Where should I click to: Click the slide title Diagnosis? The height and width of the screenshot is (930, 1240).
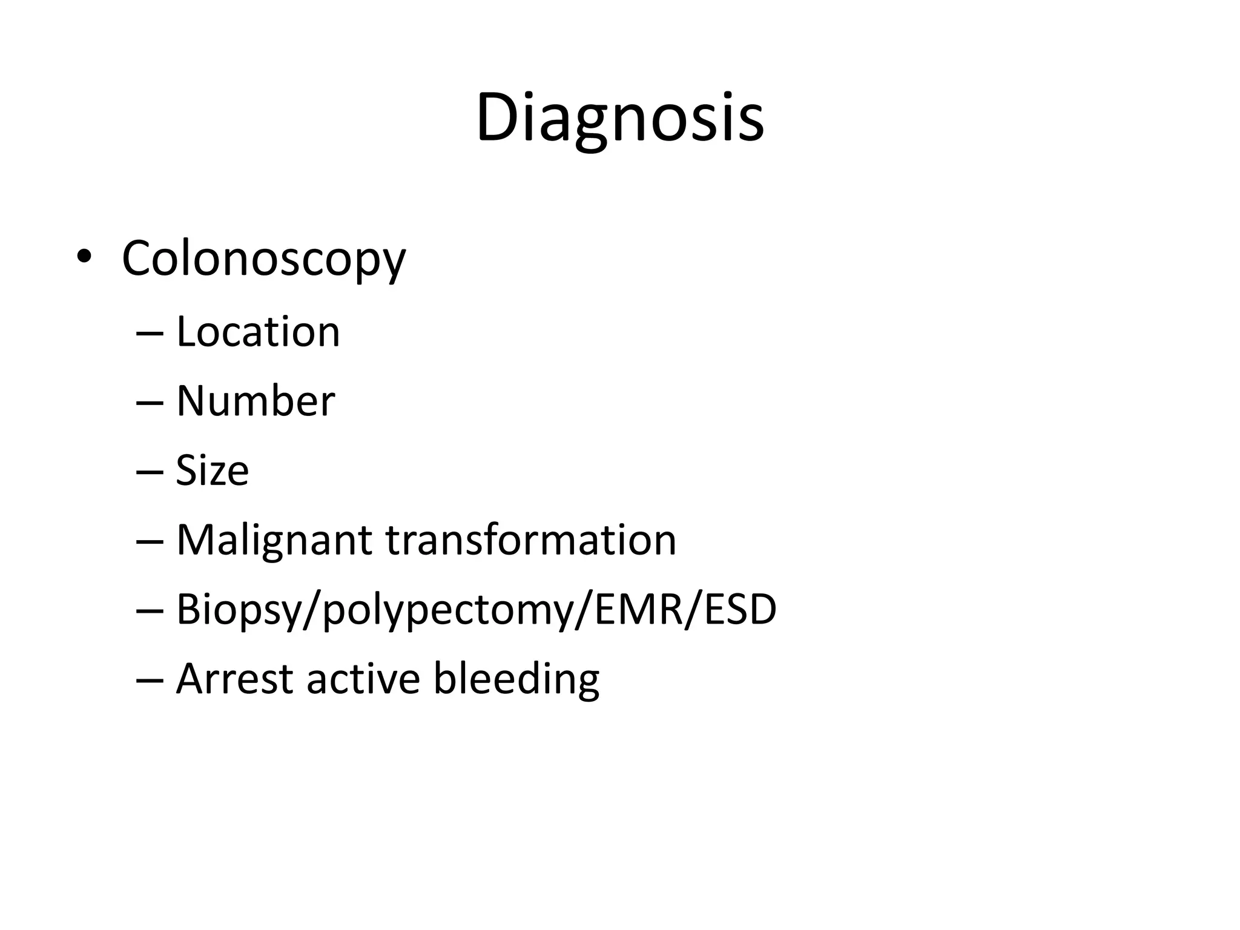coord(619,117)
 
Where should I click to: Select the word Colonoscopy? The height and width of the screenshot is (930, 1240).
coord(263,259)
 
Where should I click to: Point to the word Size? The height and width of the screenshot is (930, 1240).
coord(212,470)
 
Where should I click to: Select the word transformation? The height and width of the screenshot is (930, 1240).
coord(531,540)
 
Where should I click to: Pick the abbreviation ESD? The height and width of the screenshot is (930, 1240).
coord(740,608)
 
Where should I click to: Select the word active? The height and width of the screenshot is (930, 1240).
coord(363,679)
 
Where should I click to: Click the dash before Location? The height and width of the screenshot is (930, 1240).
coord(150,333)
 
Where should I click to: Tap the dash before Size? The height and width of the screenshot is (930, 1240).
coord(150,472)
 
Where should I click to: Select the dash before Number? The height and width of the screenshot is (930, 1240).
coord(150,403)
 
